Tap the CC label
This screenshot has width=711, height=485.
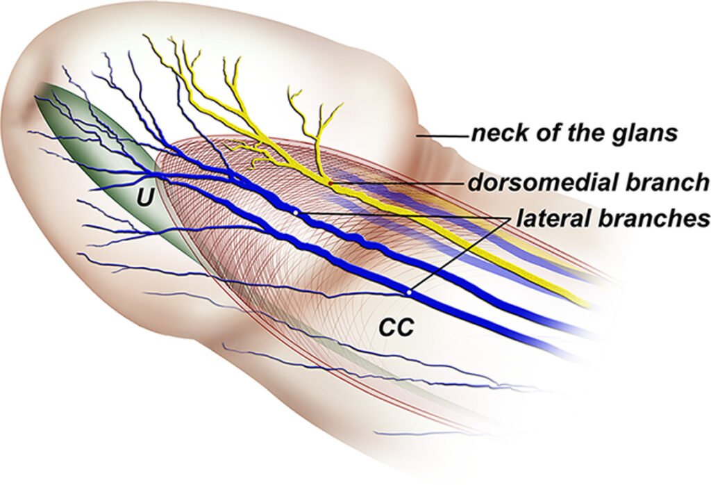click(x=396, y=328)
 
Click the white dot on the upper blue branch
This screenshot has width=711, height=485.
click(x=296, y=211)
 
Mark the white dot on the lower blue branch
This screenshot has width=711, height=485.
click(x=409, y=293)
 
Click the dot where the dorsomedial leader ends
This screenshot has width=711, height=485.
click(x=331, y=183)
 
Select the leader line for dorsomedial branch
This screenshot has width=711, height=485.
click(x=396, y=183)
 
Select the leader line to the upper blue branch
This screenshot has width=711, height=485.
click(x=403, y=215)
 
